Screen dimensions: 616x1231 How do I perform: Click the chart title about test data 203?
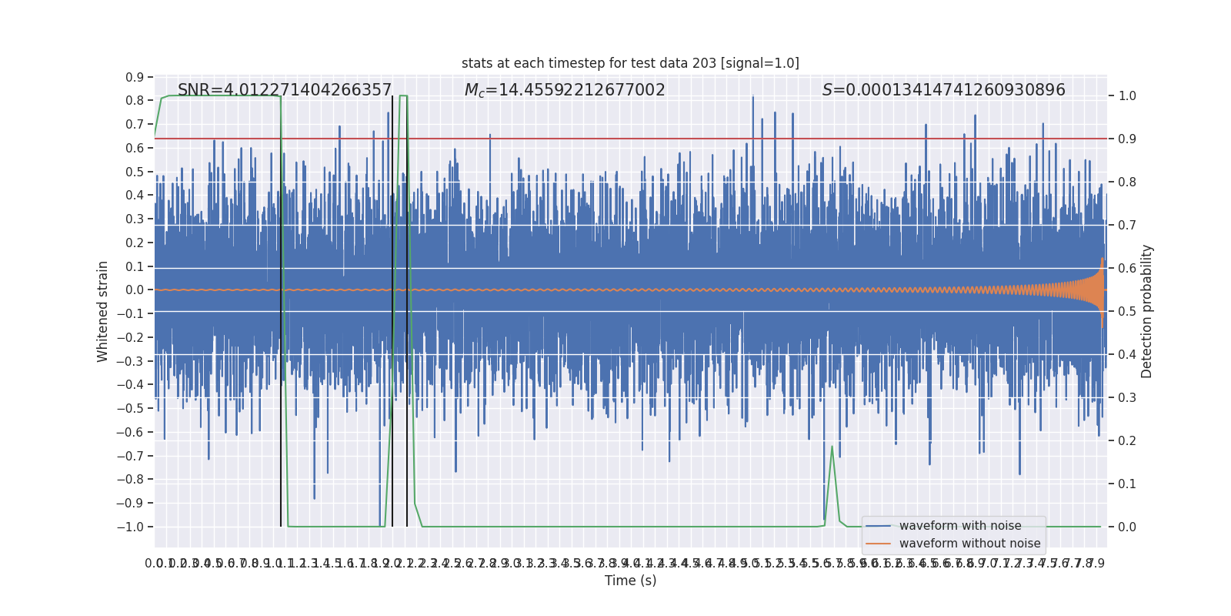point(630,63)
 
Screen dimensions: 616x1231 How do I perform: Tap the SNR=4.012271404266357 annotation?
point(285,90)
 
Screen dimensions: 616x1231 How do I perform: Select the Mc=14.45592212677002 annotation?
point(565,90)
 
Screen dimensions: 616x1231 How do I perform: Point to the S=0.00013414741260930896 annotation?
point(943,90)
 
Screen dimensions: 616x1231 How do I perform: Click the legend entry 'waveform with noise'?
point(960,526)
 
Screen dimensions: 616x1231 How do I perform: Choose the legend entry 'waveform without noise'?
point(969,544)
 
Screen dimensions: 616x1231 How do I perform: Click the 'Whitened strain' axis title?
point(103,311)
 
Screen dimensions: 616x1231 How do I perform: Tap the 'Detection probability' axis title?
point(1147,311)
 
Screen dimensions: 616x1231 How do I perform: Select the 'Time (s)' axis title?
point(630,581)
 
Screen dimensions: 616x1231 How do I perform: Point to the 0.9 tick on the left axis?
point(135,77)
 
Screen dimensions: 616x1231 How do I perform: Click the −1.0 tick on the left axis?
point(131,527)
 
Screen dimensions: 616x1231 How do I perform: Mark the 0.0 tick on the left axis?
point(135,290)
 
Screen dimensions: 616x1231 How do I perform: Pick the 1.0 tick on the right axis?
point(1127,96)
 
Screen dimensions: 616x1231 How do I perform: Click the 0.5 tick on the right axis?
point(1127,312)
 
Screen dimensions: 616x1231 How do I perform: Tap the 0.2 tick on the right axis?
point(1127,441)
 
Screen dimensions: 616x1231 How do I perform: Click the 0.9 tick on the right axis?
point(1127,139)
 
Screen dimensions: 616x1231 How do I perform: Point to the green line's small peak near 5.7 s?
point(832,447)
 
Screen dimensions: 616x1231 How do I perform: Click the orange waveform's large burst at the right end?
point(1101,290)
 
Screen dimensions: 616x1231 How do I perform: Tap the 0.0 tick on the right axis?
point(1127,527)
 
